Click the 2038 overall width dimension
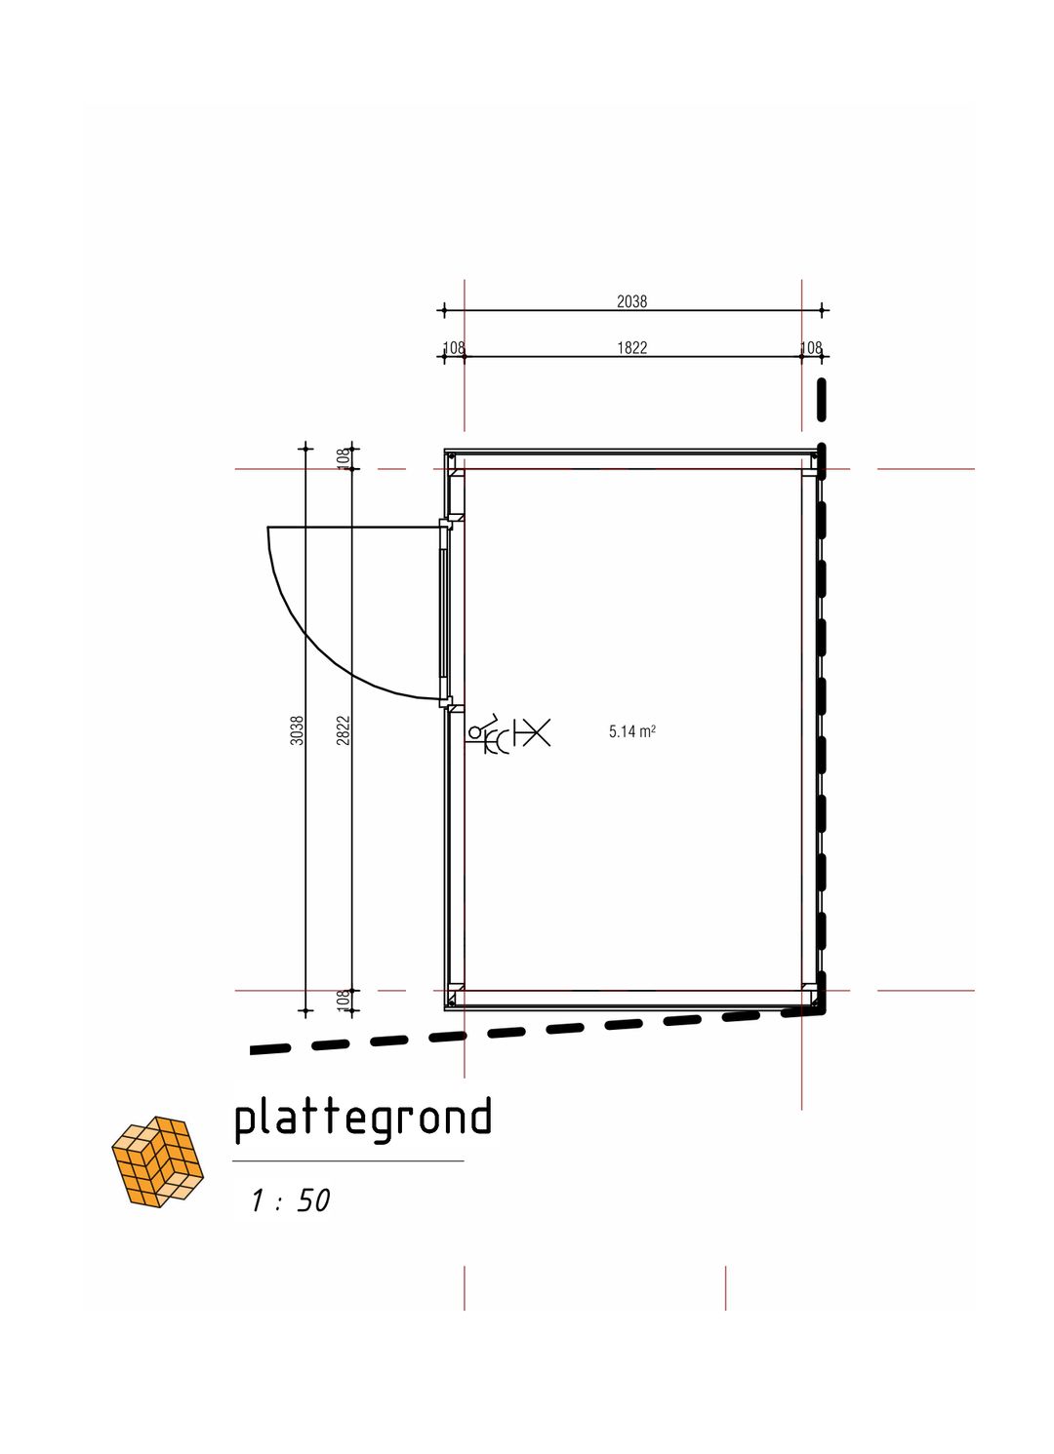point(631,301)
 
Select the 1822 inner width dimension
point(631,348)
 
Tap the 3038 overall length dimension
point(297,729)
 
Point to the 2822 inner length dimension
point(344,729)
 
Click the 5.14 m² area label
point(631,731)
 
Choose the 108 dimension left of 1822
point(454,348)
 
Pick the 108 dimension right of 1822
point(811,348)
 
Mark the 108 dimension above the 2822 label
point(344,457)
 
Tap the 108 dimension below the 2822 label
point(344,1000)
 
